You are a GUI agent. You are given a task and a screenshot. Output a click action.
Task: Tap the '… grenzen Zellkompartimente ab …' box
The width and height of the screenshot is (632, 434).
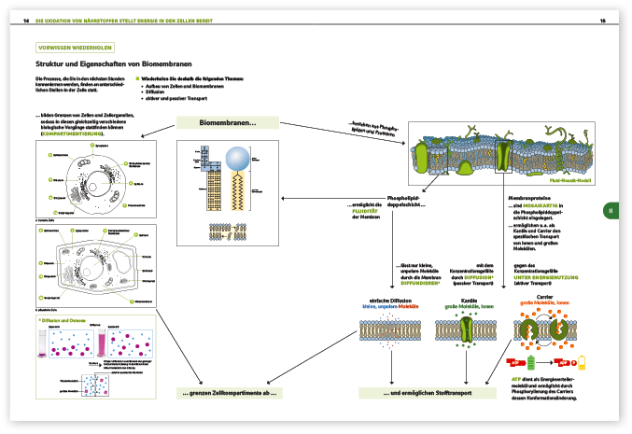click(228, 393)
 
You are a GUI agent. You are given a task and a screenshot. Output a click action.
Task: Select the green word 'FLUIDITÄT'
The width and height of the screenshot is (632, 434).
click(365, 212)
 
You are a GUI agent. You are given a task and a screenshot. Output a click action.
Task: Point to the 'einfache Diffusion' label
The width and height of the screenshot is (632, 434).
click(390, 300)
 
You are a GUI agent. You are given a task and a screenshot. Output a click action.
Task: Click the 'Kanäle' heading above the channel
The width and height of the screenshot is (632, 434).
click(470, 300)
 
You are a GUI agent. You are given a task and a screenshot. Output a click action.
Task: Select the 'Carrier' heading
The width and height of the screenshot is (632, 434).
click(545, 300)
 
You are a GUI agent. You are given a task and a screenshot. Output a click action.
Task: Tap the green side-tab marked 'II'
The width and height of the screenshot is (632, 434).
click(611, 211)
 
